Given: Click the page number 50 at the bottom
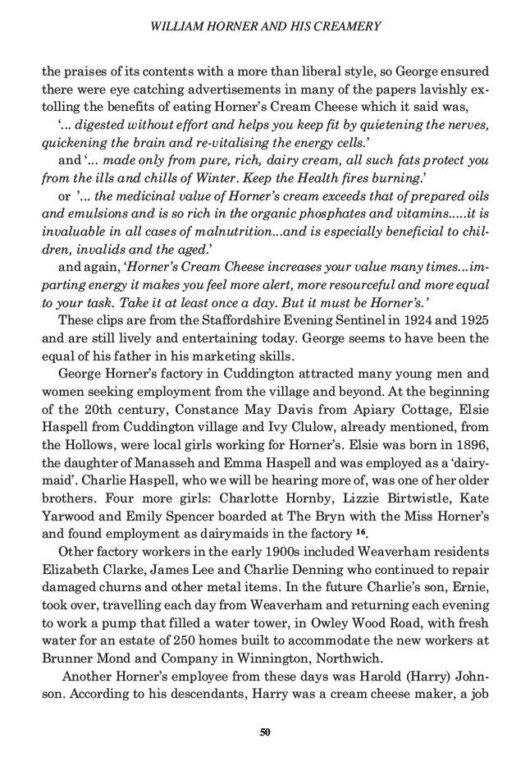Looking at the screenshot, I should point(265,732).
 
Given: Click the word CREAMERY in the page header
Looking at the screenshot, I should point(345,26).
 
